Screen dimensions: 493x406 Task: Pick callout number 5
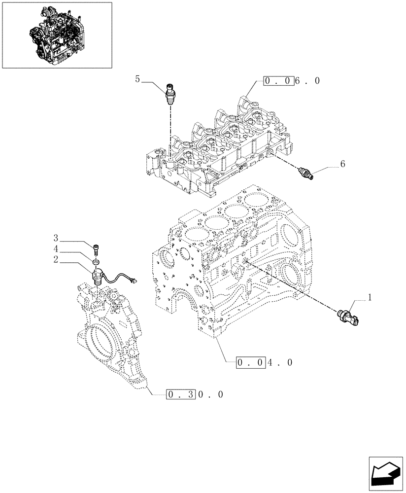[x=138, y=78]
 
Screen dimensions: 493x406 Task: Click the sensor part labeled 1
[x=348, y=316]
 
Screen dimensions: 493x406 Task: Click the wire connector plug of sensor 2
[x=133, y=282]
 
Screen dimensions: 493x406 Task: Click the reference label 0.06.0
[x=291, y=80]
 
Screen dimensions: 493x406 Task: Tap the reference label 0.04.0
[x=264, y=363]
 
